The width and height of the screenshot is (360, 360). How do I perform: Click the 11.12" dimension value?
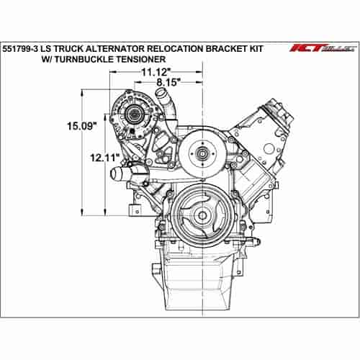tap(156, 72)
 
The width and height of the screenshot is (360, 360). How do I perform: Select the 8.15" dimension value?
tap(168, 82)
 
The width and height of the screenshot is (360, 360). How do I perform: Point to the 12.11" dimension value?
tap(105, 158)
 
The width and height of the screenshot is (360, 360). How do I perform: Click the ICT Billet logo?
tap(323, 48)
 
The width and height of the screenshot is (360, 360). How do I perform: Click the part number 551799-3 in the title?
tap(20, 48)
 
